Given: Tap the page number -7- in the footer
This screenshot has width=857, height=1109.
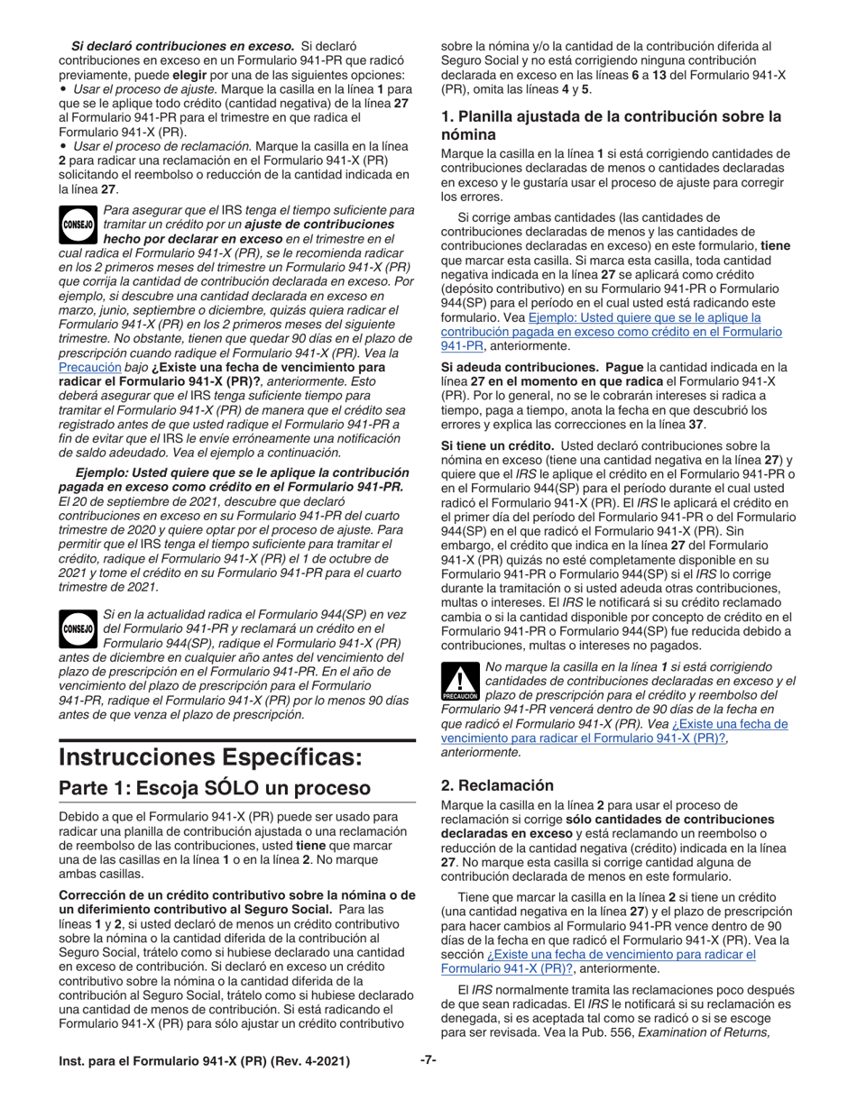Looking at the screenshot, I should point(428,1060).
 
